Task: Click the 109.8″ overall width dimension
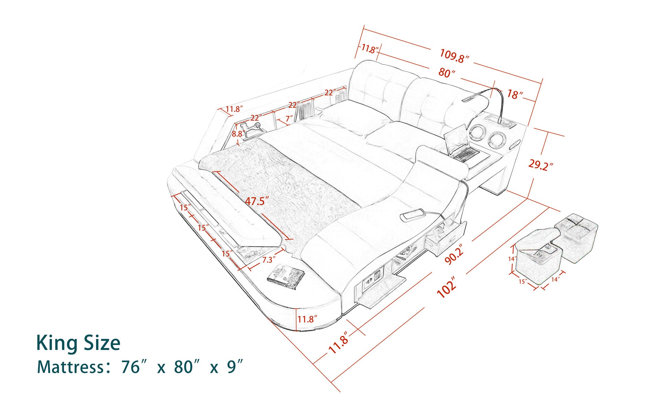[454, 56]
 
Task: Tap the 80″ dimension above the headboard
[447, 73]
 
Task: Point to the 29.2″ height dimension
[540, 165]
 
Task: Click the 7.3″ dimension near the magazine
[268, 260]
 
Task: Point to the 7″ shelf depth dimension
[289, 119]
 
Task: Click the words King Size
[78, 343]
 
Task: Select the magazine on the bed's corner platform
[286, 276]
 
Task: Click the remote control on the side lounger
[413, 215]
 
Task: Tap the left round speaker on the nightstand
[476, 132]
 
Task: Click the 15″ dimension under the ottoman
[523, 282]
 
